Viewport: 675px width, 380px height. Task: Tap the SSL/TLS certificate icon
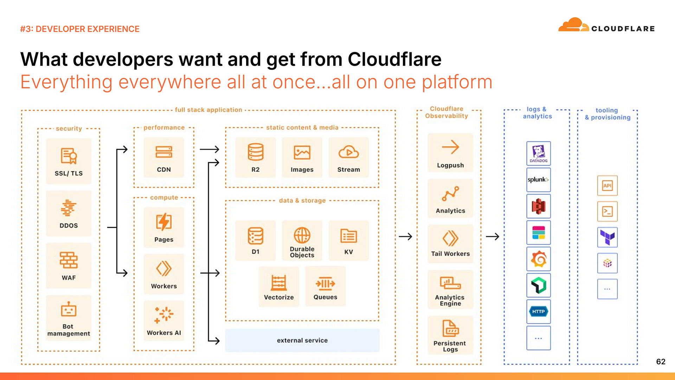69,156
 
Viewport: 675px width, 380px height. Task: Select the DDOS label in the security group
69,226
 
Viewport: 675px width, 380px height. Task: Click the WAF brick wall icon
69,260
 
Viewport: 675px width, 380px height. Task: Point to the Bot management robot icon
69,310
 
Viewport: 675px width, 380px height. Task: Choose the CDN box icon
164,152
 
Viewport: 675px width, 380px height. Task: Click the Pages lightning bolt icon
164,222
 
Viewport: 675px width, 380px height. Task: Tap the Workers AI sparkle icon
164,315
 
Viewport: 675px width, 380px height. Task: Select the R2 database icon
256,152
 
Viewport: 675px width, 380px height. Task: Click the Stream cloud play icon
348,152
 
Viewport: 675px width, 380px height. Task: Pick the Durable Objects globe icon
302,235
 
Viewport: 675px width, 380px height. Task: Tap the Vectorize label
279,297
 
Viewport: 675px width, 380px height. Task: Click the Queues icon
325,284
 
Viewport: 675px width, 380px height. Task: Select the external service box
302,340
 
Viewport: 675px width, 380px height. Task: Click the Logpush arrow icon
450,147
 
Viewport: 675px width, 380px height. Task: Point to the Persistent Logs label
450,346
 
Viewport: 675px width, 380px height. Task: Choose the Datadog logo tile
538,153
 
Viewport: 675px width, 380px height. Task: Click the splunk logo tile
538,180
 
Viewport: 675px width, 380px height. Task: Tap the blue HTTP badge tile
538,312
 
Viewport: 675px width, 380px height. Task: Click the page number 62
661,362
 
